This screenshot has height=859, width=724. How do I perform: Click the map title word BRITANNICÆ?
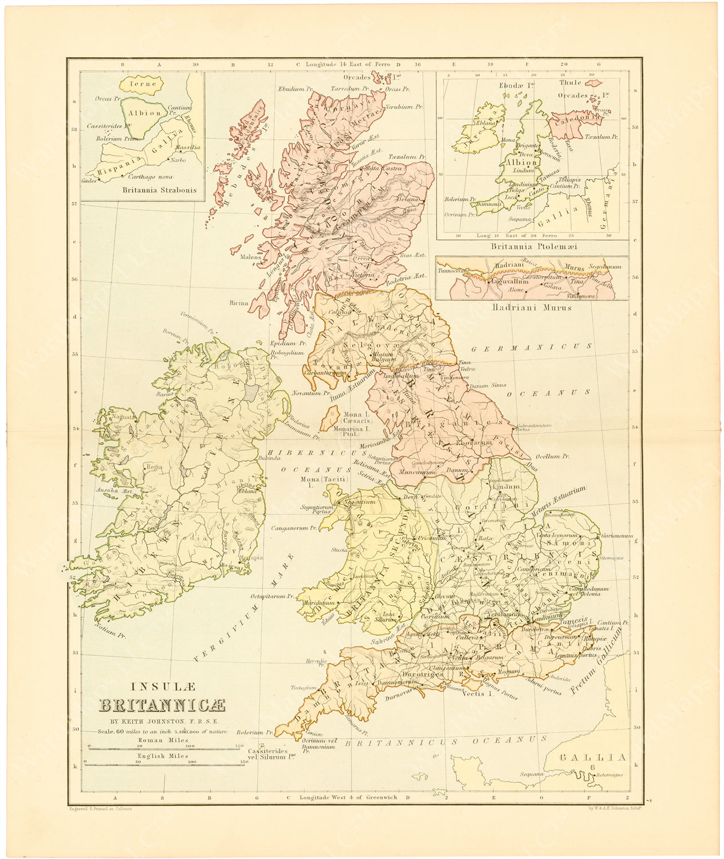point(163,706)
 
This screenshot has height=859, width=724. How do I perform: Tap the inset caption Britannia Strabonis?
point(159,190)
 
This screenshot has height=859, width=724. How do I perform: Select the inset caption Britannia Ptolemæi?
point(534,246)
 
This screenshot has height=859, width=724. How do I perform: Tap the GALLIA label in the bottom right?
point(593,758)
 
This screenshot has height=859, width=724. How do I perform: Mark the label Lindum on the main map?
point(506,486)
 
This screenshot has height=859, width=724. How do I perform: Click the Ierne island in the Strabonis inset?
point(142,84)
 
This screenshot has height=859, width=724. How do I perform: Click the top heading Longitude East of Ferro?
point(348,64)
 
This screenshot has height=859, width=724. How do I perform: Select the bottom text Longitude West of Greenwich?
point(348,797)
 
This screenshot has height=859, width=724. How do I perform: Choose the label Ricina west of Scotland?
point(239,303)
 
